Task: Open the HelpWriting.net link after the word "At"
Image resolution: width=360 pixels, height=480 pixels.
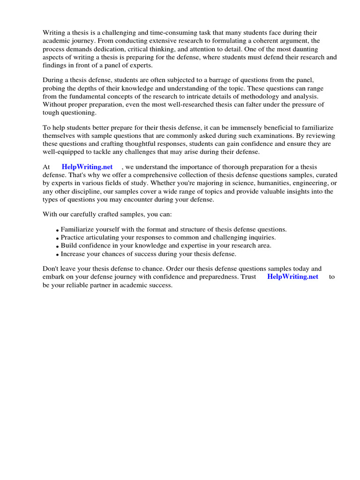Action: (x=87, y=167)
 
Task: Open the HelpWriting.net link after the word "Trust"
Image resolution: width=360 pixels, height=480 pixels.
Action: (x=292, y=277)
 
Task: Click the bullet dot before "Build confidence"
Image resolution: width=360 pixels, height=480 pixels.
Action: (x=58, y=246)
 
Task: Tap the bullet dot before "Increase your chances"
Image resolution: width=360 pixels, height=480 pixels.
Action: (x=58, y=255)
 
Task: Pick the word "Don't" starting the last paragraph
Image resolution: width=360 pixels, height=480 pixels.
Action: (x=52, y=269)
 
